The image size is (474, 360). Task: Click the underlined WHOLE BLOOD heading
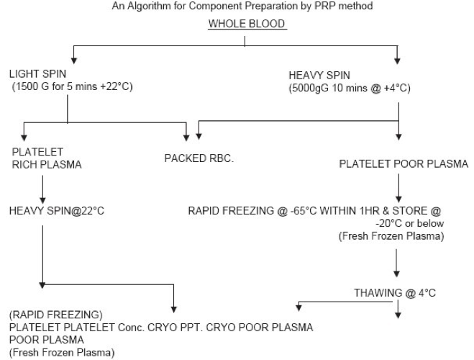point(247,24)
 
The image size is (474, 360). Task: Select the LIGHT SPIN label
point(36,74)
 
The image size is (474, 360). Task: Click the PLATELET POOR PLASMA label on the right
point(404,164)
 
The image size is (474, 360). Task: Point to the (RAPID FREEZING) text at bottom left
point(47,315)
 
